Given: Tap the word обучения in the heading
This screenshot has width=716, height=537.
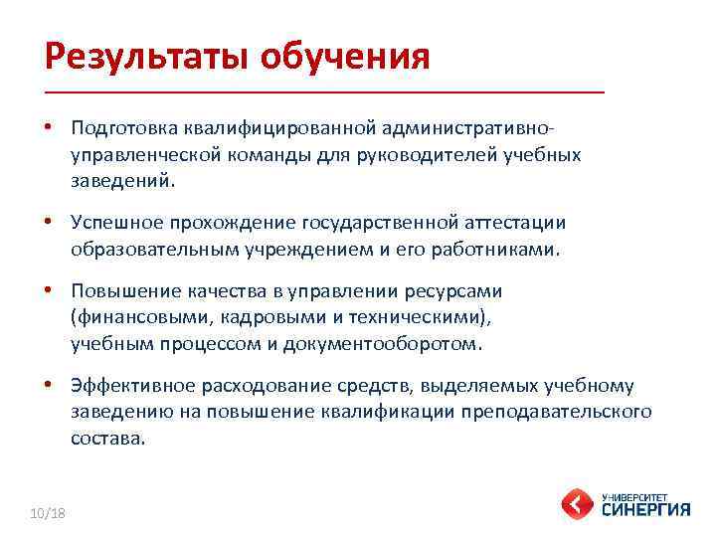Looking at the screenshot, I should (x=345, y=56).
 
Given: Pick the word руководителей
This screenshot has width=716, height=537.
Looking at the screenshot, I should (x=440, y=155).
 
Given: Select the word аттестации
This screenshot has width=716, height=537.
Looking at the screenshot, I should (x=507, y=224).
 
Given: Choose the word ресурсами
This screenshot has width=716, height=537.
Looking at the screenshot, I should (x=455, y=291).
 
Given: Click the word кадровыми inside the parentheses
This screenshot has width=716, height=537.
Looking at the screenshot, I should (x=258, y=318).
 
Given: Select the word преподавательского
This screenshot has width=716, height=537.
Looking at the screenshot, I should (x=567, y=412).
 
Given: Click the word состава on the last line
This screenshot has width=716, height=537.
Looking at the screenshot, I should (x=106, y=439).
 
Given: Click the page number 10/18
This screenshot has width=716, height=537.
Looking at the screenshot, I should (x=47, y=511).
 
